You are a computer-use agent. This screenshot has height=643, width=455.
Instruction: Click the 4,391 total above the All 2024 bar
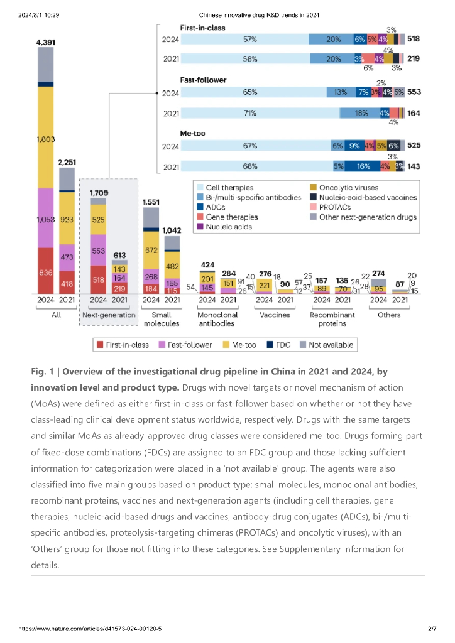[x=46, y=42]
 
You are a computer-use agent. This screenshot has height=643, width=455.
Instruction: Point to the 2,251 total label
[x=67, y=161]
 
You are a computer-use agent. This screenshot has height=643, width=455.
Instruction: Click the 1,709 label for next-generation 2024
[x=99, y=192]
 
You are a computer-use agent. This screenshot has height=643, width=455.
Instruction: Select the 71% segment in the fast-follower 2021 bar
[x=250, y=113]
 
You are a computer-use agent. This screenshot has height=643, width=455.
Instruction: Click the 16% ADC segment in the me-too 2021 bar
[x=363, y=167]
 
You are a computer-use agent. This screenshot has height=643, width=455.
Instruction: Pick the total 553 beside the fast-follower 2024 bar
[x=414, y=92]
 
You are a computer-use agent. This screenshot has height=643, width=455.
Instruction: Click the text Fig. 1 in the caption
[x=43, y=372]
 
